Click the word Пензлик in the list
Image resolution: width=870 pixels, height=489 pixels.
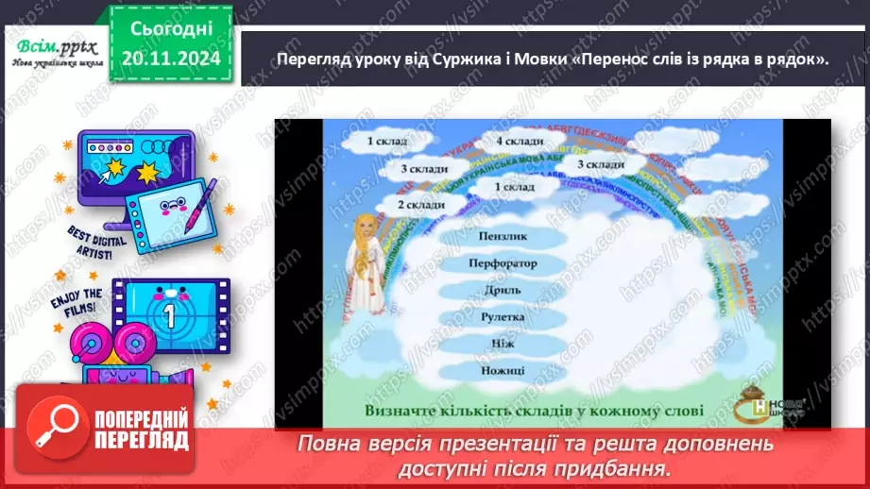(x=503, y=236)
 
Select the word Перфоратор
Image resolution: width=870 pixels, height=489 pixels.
(x=503, y=263)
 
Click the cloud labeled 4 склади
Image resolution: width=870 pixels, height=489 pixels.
(x=520, y=142)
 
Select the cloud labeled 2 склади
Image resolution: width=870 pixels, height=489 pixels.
(x=420, y=204)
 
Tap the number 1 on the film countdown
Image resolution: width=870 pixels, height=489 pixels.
(x=170, y=314)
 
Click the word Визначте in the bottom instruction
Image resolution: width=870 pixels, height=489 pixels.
(x=409, y=411)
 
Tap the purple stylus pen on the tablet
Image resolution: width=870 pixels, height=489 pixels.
(x=201, y=204)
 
